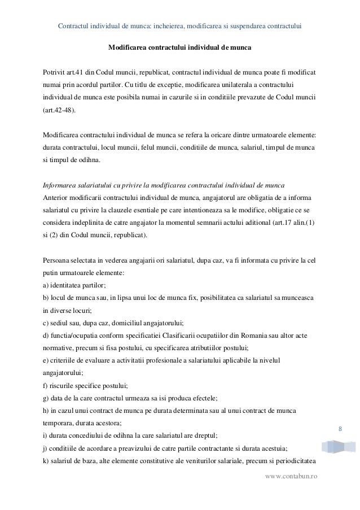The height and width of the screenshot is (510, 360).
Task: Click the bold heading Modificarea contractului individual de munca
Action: coord(180,48)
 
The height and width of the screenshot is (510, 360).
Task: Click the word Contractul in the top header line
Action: coord(76,26)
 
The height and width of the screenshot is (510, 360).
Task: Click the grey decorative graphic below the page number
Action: coord(338,447)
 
